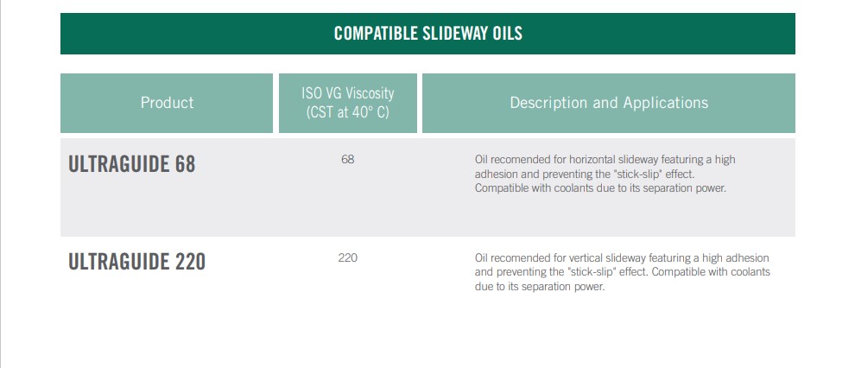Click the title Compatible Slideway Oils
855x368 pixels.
click(428, 33)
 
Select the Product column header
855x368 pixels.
click(167, 103)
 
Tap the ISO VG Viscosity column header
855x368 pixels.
click(347, 92)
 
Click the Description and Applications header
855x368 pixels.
click(609, 103)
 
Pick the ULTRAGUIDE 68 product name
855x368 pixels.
click(131, 164)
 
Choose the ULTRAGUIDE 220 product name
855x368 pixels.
click(136, 262)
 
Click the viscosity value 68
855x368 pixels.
click(347, 160)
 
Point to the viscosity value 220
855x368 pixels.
click(347, 258)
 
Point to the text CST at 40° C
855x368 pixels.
click(347, 113)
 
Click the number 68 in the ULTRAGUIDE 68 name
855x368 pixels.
click(186, 164)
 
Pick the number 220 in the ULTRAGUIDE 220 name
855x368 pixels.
click(190, 262)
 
